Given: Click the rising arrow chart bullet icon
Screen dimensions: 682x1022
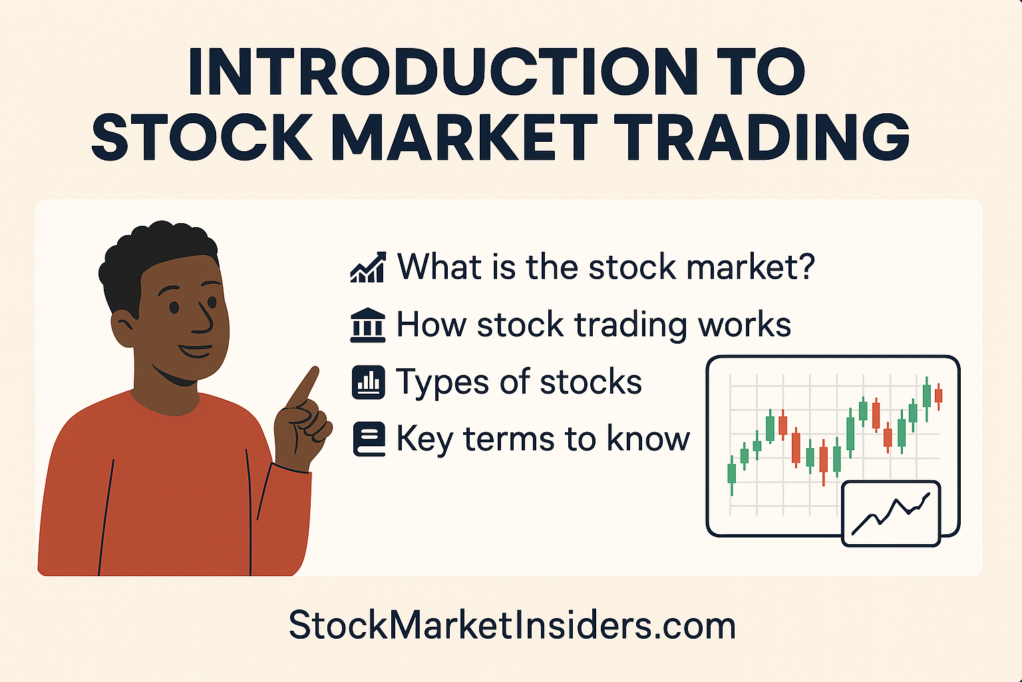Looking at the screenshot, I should [367, 267].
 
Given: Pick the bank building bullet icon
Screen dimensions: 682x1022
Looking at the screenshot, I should [367, 325].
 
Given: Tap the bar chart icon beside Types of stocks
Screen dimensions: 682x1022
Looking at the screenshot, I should [368, 382].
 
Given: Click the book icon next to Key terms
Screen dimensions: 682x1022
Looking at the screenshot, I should [369, 440].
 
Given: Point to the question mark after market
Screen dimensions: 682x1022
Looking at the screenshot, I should [806, 266].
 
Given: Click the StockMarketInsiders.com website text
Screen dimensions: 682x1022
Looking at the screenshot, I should [512, 626].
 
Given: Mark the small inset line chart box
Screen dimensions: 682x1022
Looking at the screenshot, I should [891, 513].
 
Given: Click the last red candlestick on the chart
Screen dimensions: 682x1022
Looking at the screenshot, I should [938, 396].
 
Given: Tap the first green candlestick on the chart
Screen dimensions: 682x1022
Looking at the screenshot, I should [732, 474].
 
